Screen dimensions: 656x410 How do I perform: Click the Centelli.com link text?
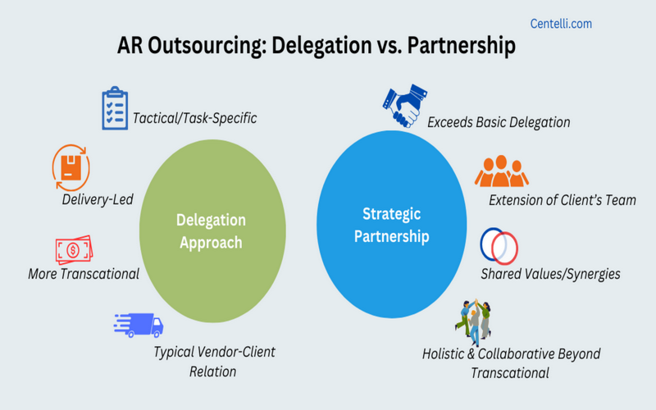[561, 24]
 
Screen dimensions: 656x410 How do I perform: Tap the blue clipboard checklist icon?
[115, 108]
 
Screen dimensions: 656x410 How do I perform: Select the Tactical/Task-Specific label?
[194, 118]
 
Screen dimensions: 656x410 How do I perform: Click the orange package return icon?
[71, 168]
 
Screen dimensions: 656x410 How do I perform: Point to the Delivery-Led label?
[98, 199]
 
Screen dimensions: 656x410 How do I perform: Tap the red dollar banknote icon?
[74, 250]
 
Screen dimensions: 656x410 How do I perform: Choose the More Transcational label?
[84, 274]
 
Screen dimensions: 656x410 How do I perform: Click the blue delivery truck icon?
[139, 325]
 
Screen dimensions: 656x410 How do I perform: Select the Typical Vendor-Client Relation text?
[214, 362]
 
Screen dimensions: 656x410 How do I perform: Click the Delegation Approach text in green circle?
[211, 231]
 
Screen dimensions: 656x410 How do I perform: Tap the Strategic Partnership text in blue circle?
[392, 225]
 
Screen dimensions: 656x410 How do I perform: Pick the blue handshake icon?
[405, 106]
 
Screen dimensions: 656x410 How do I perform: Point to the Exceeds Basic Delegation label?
[499, 122]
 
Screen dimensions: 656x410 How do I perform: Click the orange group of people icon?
[501, 171]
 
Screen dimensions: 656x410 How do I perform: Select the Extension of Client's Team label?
[563, 200]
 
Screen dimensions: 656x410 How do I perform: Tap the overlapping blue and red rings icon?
[499, 246]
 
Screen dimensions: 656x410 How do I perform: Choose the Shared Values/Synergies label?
[550, 274]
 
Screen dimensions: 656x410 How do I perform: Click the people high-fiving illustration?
[473, 322]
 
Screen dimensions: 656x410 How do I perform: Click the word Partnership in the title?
[462, 45]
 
